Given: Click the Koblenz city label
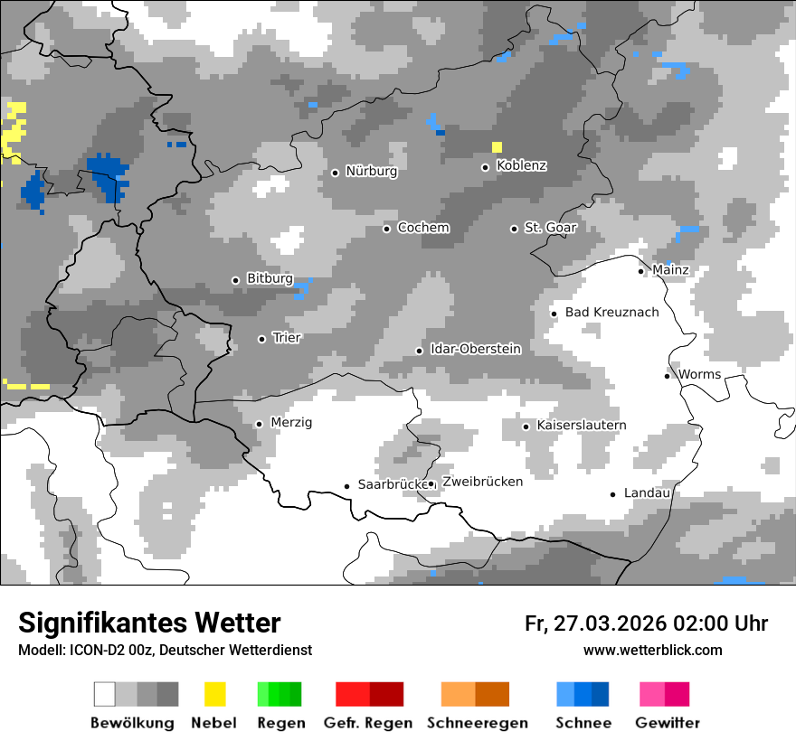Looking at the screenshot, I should pos(521,166).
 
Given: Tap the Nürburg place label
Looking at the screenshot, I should pos(371,171).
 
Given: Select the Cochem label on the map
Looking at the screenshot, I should pos(422,228).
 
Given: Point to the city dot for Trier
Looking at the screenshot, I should pos(261,339).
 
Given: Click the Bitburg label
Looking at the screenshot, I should pos(270,279).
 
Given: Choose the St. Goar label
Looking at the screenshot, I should pos(550,228).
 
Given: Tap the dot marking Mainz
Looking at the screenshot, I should pos(640,271).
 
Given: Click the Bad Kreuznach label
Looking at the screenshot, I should pos(611,313).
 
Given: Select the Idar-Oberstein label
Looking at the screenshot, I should pos(475,350).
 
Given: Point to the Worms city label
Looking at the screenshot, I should pos(699,374).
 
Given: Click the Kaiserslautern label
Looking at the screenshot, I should pos(581,426).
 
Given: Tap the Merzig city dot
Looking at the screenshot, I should pos(259,424).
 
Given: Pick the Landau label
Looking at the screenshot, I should pos(647,493).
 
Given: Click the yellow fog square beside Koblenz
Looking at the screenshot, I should pos(497,147).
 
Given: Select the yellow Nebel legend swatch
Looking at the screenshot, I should pos(214,694).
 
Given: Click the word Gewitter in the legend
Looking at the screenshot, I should pos(667,723).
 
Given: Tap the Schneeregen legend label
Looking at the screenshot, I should pos(477,723).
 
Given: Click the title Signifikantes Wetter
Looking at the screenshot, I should pos(149,623).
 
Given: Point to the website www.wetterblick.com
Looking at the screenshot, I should pos(652,651).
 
